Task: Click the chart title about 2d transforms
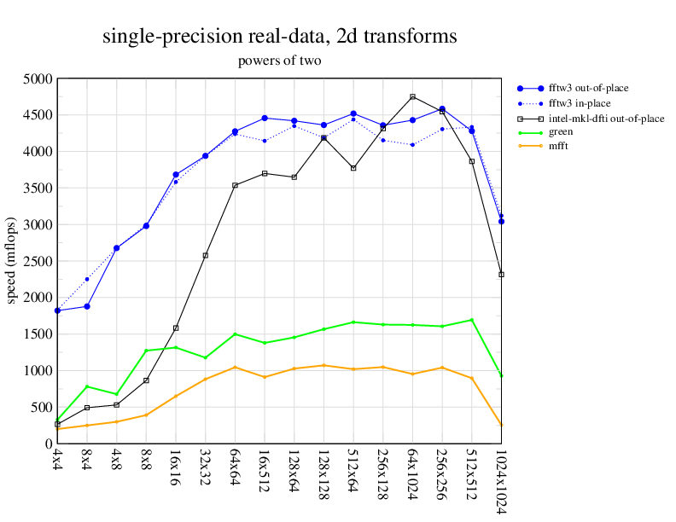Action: pyautogui.click(x=279, y=37)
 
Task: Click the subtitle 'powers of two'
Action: pyautogui.click(x=279, y=61)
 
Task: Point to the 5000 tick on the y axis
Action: pyautogui.click(x=38, y=78)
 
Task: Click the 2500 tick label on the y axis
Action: pyautogui.click(x=38, y=261)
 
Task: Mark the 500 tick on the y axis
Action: pyautogui.click(x=42, y=407)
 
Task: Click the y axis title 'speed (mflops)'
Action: pyautogui.click(x=11, y=261)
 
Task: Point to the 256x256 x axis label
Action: pyautogui.click(x=442, y=471)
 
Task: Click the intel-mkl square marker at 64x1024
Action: pyautogui.click(x=412, y=96)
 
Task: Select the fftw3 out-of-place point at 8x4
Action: pyautogui.click(x=87, y=306)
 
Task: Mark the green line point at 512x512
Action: pyautogui.click(x=471, y=320)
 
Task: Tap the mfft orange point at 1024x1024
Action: pyautogui.click(x=501, y=425)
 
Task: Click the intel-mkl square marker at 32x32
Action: pyautogui.click(x=205, y=256)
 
